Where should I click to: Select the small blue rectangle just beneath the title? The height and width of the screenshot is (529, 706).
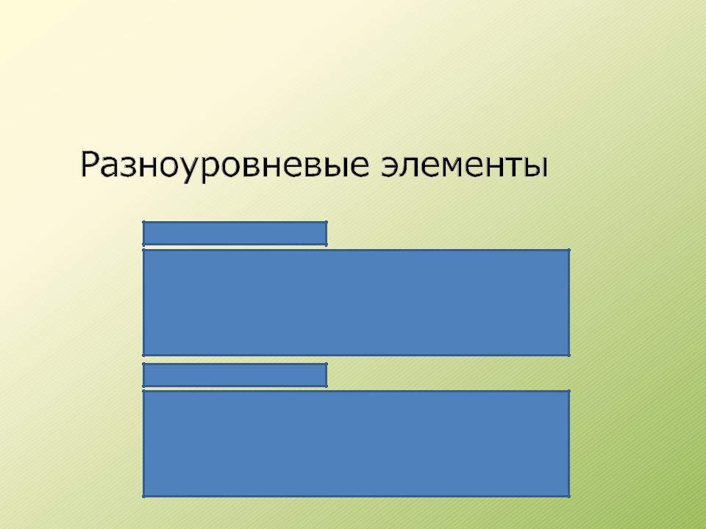coord(235,234)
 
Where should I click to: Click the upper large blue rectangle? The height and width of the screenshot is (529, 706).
coord(356,303)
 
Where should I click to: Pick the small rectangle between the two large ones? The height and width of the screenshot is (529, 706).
coord(235,375)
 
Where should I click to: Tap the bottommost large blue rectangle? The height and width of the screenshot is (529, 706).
coord(356,444)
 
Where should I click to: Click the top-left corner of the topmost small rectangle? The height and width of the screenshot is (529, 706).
coord(143,222)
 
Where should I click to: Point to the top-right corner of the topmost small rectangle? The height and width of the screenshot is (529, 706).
coord(327,222)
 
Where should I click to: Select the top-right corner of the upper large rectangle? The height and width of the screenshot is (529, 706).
coord(569,250)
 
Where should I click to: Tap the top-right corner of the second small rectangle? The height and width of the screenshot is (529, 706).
coord(327,364)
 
